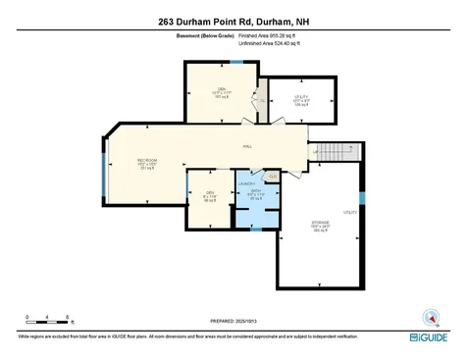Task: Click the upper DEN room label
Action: (222, 89)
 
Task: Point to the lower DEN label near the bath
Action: (209, 192)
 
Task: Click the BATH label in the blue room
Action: (256, 192)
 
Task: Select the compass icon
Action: (429, 317)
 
